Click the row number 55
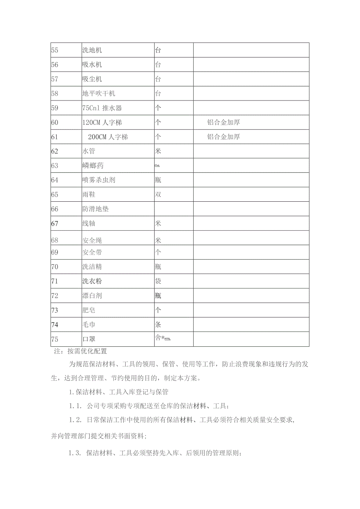pos(54,50)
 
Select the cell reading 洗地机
pos(92,50)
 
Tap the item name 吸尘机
pos(92,79)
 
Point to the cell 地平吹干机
pos(99,93)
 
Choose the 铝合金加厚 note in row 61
pos(223,137)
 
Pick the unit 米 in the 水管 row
pos(158,151)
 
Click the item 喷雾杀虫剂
pos(99,180)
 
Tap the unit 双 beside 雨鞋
pos(158,195)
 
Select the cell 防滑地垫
pos(95,209)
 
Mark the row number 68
pos(54,240)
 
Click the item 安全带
pos(92,252)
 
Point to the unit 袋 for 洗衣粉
pos(158,281)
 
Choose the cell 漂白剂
pos(92,296)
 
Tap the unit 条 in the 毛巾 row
pos(158,324)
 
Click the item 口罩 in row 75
pos(89,339)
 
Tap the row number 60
pos(54,122)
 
